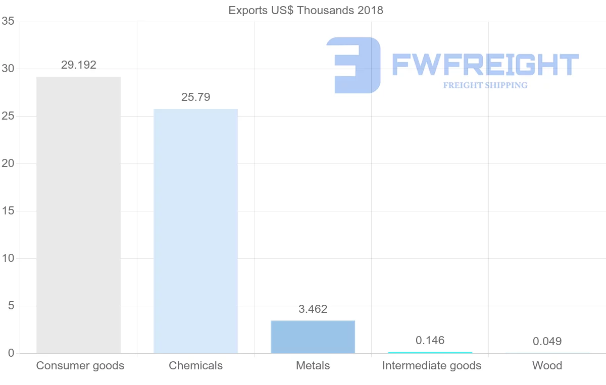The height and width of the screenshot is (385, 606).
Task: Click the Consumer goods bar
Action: (x=78, y=215)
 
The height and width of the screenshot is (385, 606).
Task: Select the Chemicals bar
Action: (x=195, y=231)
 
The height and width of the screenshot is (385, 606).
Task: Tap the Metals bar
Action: (x=313, y=337)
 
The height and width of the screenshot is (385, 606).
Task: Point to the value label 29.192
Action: (x=79, y=65)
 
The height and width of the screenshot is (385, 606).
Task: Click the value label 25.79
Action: (x=196, y=97)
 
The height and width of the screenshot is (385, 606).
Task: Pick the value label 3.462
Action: (x=313, y=309)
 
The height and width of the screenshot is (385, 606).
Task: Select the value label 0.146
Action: (x=430, y=341)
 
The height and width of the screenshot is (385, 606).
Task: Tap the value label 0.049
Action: (x=547, y=342)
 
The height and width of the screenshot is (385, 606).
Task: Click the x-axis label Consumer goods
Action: (x=80, y=366)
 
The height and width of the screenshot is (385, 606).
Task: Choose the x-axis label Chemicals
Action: (x=196, y=366)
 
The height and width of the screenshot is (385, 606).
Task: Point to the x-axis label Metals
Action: (x=313, y=366)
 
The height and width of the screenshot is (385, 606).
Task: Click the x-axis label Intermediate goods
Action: (x=432, y=366)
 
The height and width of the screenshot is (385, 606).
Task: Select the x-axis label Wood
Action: (x=547, y=366)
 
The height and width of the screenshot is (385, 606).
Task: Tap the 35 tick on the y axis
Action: (x=8, y=21)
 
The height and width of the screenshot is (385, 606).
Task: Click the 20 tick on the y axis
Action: (x=8, y=163)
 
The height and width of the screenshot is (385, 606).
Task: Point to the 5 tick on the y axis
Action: (x=11, y=306)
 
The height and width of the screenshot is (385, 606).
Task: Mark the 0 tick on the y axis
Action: (x=11, y=353)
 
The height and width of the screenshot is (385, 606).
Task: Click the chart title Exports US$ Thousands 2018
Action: (x=306, y=10)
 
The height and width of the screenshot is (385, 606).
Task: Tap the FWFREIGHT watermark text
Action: (x=485, y=65)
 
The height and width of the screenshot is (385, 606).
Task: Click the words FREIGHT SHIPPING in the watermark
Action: (x=485, y=85)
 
